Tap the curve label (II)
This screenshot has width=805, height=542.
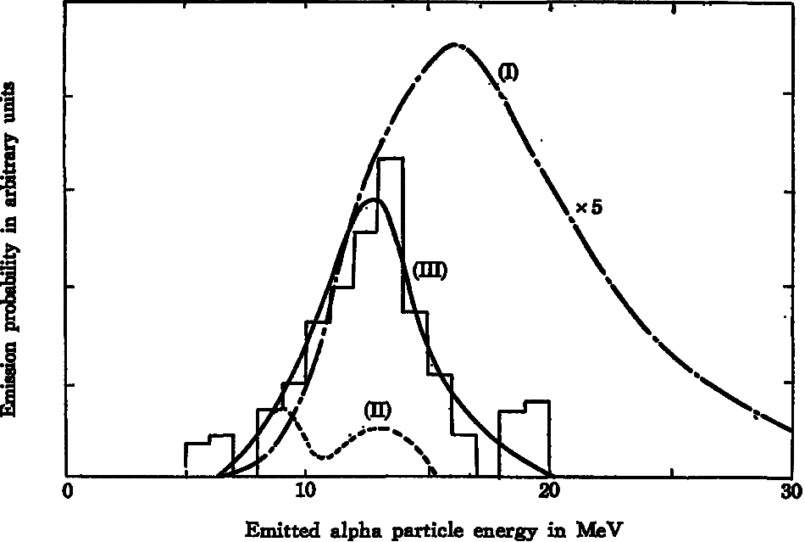pyautogui.click(x=376, y=410)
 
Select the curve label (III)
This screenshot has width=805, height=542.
pyautogui.click(x=430, y=271)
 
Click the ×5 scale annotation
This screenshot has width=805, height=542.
pyautogui.click(x=588, y=208)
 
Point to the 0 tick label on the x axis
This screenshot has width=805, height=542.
pyautogui.click(x=68, y=494)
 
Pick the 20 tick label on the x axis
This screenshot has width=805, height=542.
pyautogui.click(x=549, y=494)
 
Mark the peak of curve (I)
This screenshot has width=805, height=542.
pyautogui.click(x=455, y=43)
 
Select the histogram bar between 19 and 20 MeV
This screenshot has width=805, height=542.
pyautogui.click(x=537, y=438)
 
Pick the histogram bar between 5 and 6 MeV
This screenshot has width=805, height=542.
pyautogui.click(x=197, y=459)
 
